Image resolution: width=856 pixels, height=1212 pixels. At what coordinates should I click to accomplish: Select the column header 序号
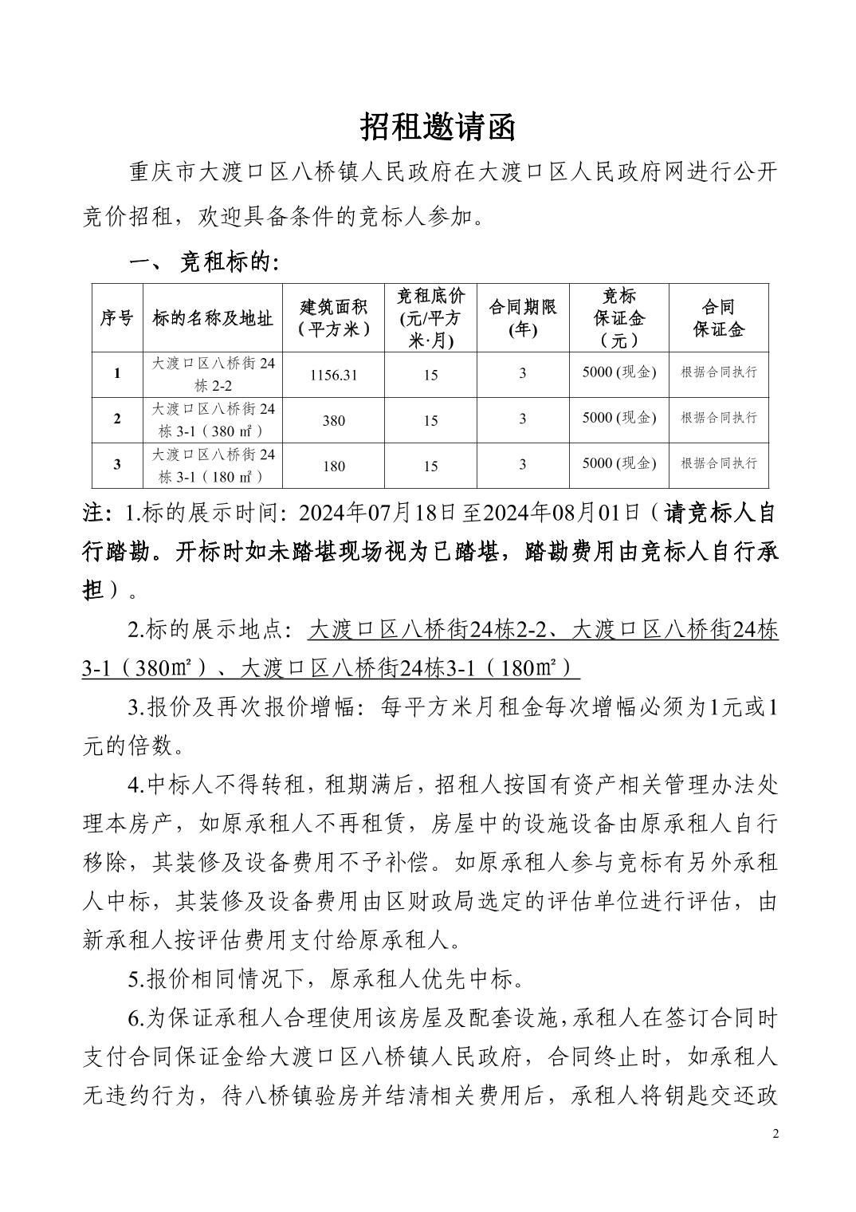click(x=117, y=318)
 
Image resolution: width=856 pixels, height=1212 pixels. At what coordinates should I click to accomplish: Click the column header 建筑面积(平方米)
click(x=334, y=317)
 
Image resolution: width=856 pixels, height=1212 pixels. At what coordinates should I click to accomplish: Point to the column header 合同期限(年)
click(x=522, y=317)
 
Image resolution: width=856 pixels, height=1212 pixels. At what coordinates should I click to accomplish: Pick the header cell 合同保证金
click(x=718, y=317)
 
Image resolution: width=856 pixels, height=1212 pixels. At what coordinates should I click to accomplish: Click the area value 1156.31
click(x=334, y=374)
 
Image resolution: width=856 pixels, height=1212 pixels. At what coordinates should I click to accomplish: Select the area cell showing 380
click(x=334, y=420)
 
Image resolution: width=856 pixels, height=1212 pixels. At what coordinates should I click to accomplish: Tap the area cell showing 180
click(x=334, y=466)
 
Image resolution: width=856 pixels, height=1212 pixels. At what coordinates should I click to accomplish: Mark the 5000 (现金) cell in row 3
click(x=618, y=463)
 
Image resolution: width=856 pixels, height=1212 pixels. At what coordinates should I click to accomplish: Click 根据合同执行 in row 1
click(x=718, y=372)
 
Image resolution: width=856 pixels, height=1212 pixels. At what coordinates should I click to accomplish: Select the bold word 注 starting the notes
click(x=93, y=513)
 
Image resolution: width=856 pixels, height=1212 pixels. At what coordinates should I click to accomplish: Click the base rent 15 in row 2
click(x=430, y=420)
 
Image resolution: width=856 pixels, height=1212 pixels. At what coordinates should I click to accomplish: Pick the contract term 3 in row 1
click(x=522, y=372)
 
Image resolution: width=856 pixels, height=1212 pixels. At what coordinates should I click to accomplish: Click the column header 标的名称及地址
click(x=213, y=318)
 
